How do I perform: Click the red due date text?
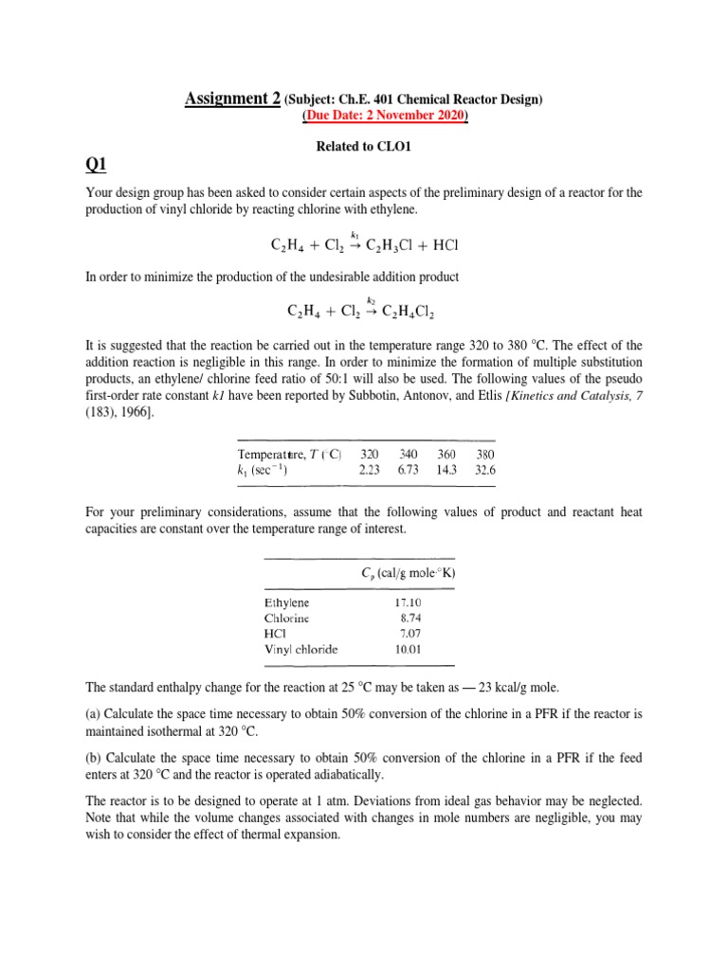385,116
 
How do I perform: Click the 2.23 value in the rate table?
370,468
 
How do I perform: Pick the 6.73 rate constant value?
408,468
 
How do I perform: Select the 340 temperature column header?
408,453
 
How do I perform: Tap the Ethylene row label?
287,602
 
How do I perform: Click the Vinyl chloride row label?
300,649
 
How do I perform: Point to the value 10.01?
409,649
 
